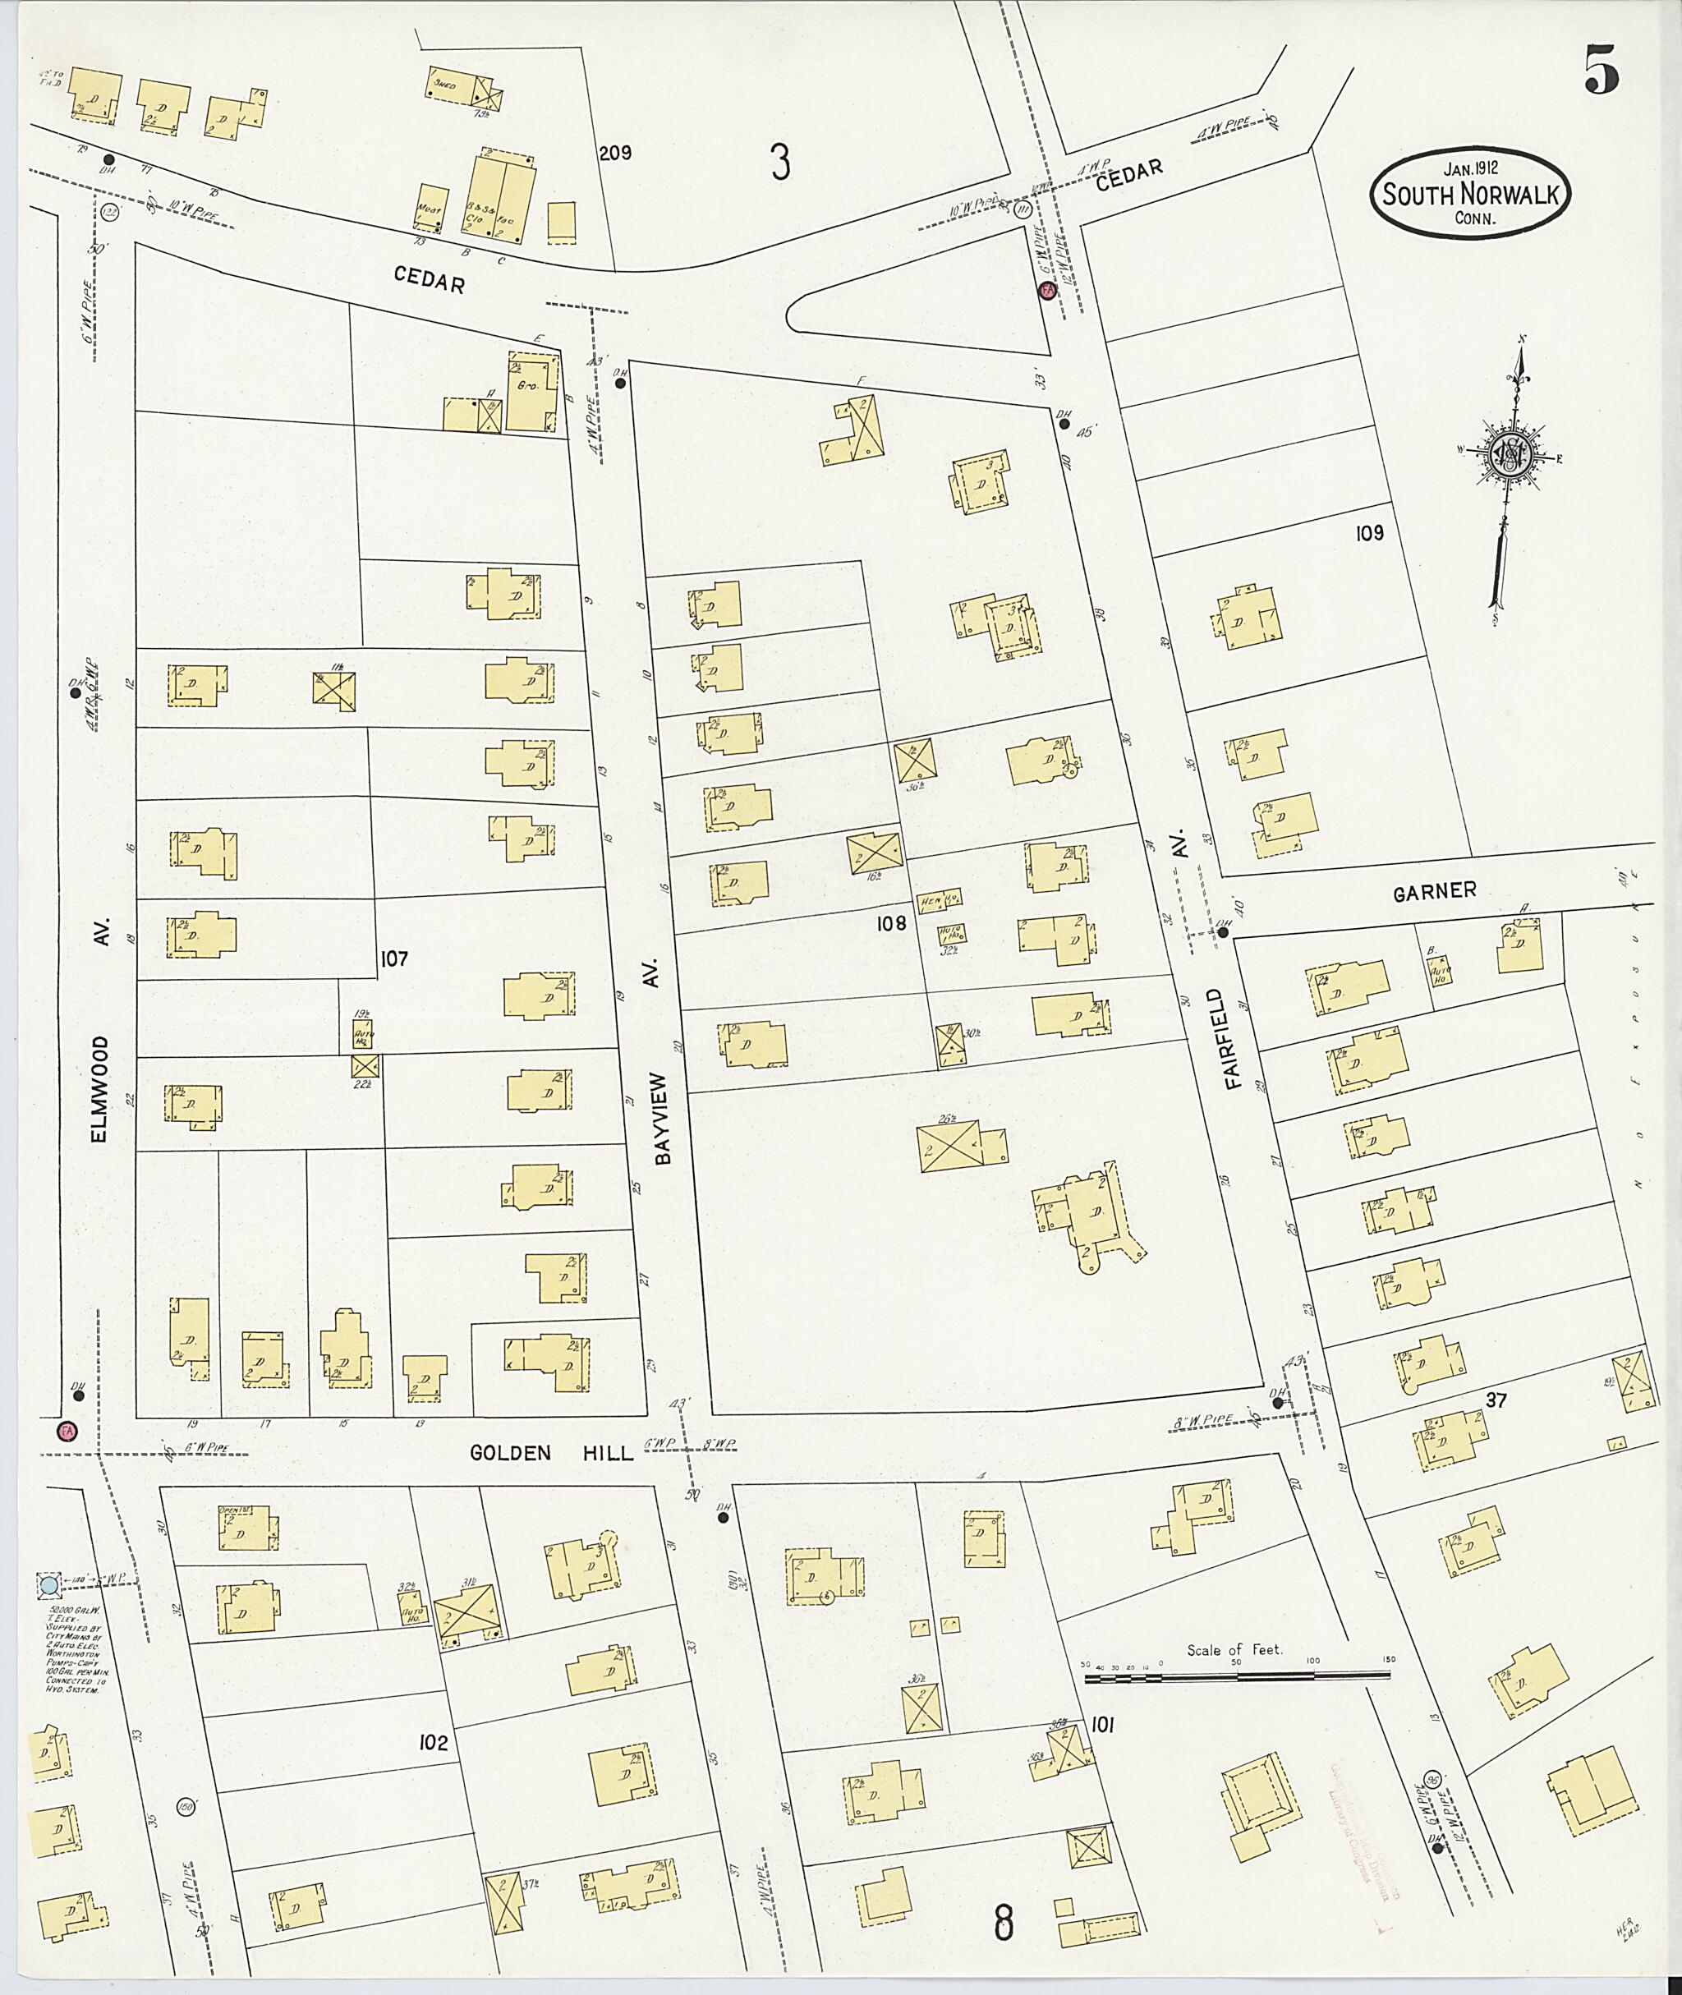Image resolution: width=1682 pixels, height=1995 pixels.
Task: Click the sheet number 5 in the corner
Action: click(1601, 71)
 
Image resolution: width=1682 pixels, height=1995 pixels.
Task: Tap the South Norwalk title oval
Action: click(1471, 195)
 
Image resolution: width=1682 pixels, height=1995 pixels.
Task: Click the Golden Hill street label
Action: click(551, 1452)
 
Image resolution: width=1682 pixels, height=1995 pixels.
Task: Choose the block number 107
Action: click(393, 958)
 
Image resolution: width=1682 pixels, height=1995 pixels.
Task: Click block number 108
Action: click(892, 923)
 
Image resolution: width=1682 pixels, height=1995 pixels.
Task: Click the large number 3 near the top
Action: click(780, 163)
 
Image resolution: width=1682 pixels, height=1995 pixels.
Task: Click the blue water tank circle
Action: click(48, 1585)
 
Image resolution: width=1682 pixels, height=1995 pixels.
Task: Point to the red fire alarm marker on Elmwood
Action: click(67, 1431)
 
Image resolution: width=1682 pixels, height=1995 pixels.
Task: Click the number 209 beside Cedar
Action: click(615, 153)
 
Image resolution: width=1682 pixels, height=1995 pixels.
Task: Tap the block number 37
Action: click(1498, 1399)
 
